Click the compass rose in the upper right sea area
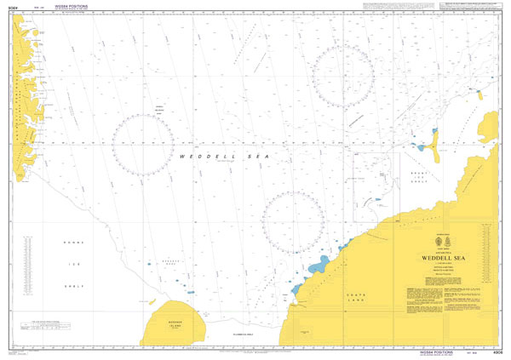click(x=342, y=75)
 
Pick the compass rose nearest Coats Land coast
click(x=293, y=222)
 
